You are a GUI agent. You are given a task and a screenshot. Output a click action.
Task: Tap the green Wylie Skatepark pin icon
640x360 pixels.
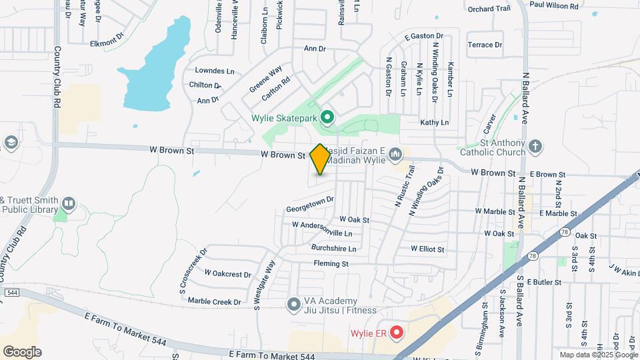(x=327, y=119)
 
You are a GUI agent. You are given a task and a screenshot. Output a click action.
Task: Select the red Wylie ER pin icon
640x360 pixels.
(x=396, y=331)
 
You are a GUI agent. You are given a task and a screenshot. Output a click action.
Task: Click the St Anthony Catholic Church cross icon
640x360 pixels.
(x=535, y=146)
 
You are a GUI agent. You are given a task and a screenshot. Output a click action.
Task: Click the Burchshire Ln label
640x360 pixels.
(x=333, y=249)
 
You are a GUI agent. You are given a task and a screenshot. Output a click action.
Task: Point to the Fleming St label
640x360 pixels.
(x=331, y=264)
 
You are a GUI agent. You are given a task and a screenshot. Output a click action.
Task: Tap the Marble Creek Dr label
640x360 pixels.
(x=214, y=301)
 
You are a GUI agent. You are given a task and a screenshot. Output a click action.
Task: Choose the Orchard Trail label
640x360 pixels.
(x=489, y=9)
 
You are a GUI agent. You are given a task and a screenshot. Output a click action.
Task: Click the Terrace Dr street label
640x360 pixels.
(x=485, y=45)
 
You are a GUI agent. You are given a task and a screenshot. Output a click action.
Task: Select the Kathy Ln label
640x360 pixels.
(x=435, y=123)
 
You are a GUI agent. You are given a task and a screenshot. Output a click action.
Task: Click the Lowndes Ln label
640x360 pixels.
(x=215, y=71)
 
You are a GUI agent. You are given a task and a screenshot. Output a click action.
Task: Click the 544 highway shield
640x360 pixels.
(x=11, y=292)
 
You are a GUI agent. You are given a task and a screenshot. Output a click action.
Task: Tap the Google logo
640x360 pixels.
(x=22, y=351)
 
